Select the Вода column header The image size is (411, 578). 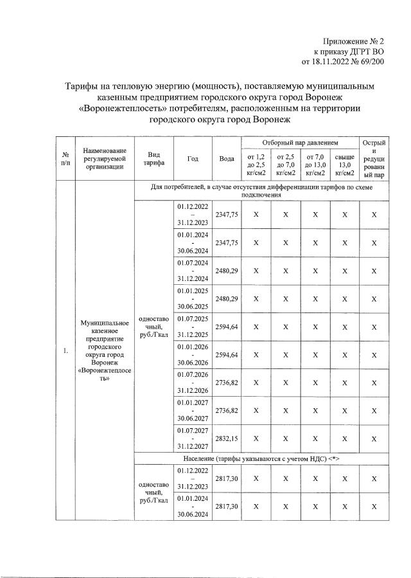226,158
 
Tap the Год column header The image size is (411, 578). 193,158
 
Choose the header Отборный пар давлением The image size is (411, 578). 300,141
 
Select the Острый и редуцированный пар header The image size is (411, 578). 374,158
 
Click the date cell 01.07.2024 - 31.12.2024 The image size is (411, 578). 193,271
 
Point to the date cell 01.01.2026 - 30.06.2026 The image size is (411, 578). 193,354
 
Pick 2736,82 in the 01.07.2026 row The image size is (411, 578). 226,382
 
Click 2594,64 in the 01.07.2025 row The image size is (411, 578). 226,327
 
